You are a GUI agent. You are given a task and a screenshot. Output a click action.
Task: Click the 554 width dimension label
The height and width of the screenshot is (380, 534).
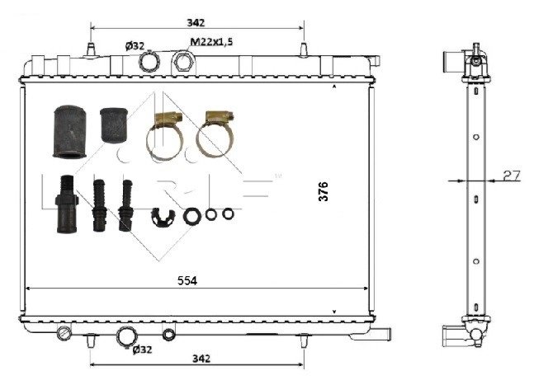click(187, 280)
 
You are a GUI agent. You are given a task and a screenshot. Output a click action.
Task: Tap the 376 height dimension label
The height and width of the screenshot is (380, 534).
click(324, 191)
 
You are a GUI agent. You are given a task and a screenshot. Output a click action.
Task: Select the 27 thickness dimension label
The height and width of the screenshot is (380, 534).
click(512, 176)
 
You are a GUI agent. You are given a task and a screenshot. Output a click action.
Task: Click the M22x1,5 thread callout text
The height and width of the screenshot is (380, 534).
click(211, 42)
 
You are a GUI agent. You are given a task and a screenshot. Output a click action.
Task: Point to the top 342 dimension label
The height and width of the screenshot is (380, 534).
click(196, 22)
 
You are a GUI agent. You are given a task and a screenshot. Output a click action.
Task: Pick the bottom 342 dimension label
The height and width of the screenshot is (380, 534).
click(201, 359)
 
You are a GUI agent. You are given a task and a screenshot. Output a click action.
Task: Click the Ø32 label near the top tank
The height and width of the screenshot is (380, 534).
click(135, 45)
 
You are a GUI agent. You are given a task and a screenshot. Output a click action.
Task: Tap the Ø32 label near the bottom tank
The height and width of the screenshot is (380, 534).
click(142, 350)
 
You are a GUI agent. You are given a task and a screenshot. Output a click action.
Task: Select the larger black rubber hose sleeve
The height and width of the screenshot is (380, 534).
click(69, 132)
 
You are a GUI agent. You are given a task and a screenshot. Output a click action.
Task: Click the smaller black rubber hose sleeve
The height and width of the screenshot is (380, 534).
click(114, 125)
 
